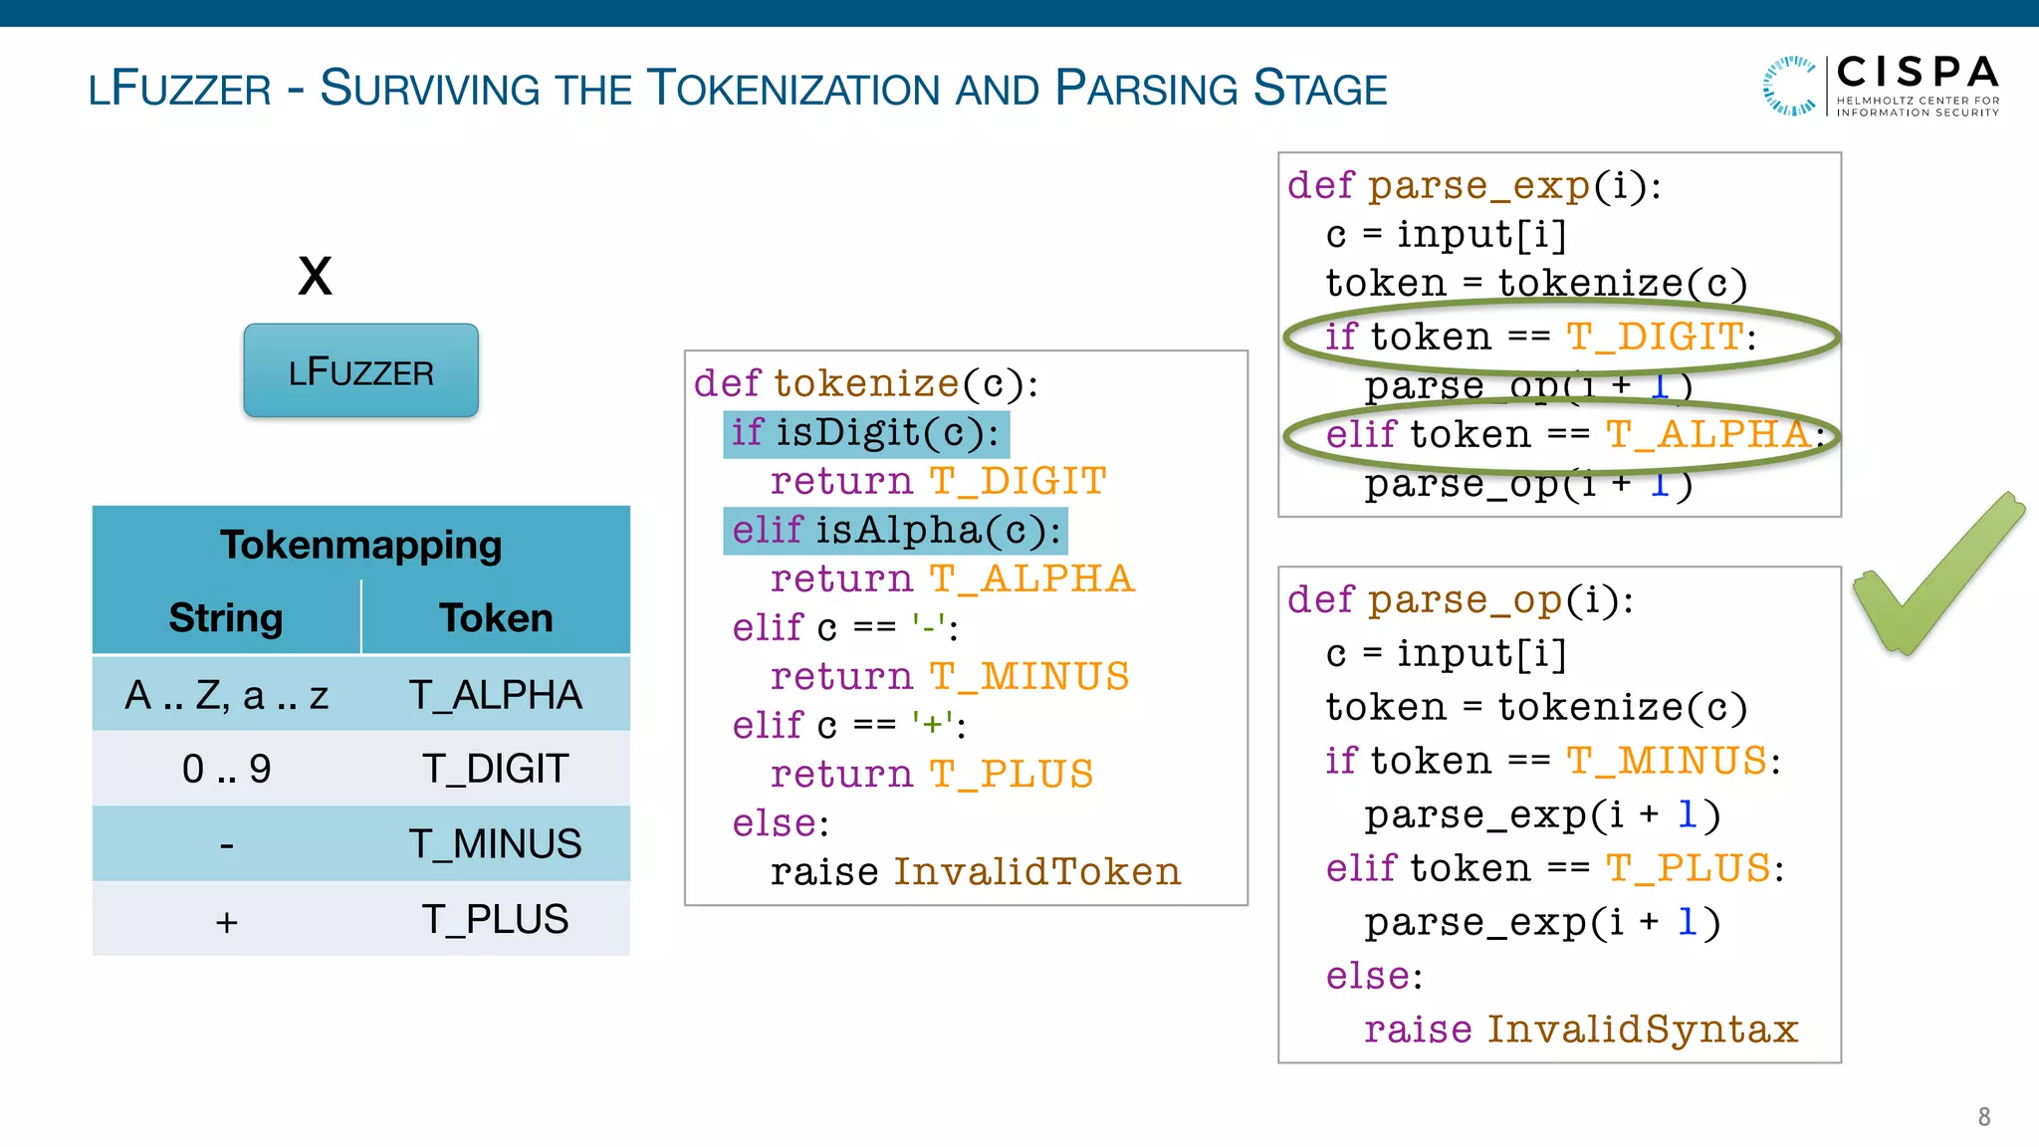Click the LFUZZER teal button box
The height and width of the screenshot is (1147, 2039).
[x=360, y=370]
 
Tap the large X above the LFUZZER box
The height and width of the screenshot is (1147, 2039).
[x=315, y=276]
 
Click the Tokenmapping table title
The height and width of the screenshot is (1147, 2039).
[x=360, y=545]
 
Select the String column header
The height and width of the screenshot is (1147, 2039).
[x=226, y=618]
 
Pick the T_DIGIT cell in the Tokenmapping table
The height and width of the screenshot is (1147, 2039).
[x=495, y=769]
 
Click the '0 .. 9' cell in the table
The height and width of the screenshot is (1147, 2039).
[x=226, y=769]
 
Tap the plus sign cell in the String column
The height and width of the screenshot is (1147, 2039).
[x=226, y=921]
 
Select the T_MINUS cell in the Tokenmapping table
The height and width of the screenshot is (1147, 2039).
[x=495, y=844]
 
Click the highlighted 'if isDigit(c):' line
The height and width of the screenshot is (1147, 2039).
[x=865, y=433]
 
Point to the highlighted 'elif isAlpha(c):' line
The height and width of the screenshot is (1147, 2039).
[x=895, y=531]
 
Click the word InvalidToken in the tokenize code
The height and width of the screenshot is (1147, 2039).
[x=1036, y=872]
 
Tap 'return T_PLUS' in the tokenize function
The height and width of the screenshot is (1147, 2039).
[x=931, y=775]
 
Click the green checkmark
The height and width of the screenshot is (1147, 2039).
[x=1936, y=574]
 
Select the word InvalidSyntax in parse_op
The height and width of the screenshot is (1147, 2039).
[x=1643, y=1030]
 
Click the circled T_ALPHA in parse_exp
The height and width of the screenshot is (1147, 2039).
[x=1707, y=435]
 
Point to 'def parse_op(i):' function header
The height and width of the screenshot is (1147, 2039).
[x=1460, y=600]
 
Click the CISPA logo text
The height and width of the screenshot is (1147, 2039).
[x=1917, y=74]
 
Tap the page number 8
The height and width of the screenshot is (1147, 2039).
[x=1983, y=1117]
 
